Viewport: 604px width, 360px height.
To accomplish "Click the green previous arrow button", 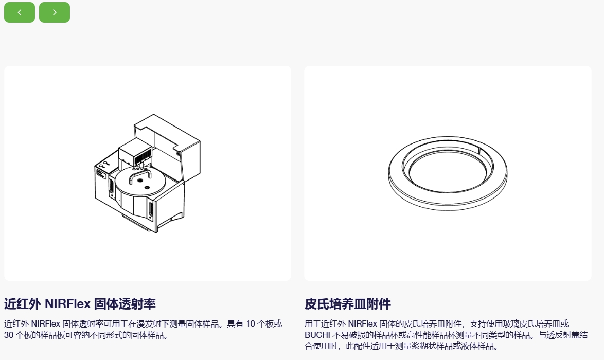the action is [x=19, y=12].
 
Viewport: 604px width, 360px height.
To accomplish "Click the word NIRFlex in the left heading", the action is [x=68, y=304].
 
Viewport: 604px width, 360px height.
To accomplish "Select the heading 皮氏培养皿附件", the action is [x=347, y=304].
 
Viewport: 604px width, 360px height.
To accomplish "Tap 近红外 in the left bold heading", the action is [x=22, y=304].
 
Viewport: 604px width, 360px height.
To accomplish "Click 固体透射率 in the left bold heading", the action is [x=125, y=304].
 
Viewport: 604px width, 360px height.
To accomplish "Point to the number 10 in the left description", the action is [x=251, y=324].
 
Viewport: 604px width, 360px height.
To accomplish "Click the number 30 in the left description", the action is [x=9, y=335].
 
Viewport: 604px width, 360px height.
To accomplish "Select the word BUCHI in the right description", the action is [x=317, y=335].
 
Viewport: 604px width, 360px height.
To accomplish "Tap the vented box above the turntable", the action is [x=134, y=154].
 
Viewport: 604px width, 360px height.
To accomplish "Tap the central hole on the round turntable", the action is [x=140, y=180].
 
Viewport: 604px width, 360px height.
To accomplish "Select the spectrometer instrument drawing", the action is [x=148, y=173].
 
